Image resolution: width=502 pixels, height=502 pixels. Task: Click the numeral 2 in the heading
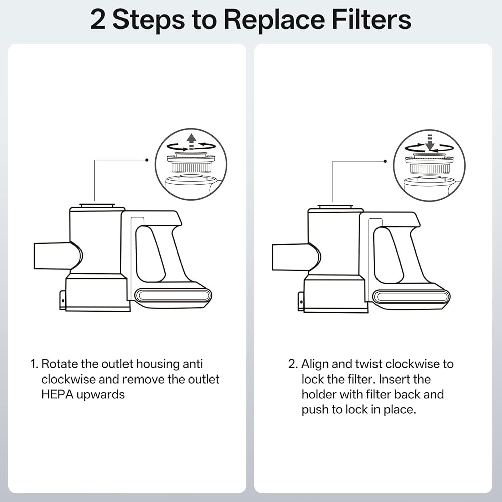coord(98,20)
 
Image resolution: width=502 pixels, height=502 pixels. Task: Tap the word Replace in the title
coord(275,21)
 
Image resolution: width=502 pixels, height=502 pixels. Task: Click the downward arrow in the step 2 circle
coord(430,140)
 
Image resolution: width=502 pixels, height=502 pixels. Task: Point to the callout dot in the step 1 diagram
coord(147,160)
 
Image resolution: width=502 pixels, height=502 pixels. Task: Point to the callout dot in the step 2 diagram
coord(385,161)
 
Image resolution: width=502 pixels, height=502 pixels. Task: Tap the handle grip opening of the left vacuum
coord(150,254)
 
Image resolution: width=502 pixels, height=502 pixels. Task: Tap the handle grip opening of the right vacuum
coord(388,255)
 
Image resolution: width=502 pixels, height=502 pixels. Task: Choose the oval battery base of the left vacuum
coord(173,295)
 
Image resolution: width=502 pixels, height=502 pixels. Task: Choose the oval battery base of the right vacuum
coord(411,296)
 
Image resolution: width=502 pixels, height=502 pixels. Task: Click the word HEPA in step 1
coord(57,394)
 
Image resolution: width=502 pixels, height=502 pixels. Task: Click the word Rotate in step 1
coord(59,364)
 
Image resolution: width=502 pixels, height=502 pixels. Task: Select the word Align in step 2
coord(315,364)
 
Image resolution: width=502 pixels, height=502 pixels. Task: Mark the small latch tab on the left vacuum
coord(63,300)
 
